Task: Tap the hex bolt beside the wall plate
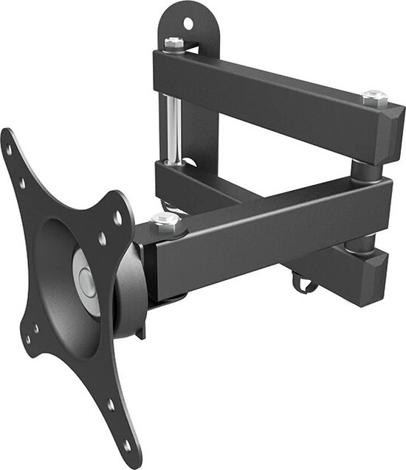point(174,43)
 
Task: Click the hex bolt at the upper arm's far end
point(374,96)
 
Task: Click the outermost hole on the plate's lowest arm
point(126,444)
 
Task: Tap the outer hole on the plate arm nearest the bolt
point(117,217)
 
